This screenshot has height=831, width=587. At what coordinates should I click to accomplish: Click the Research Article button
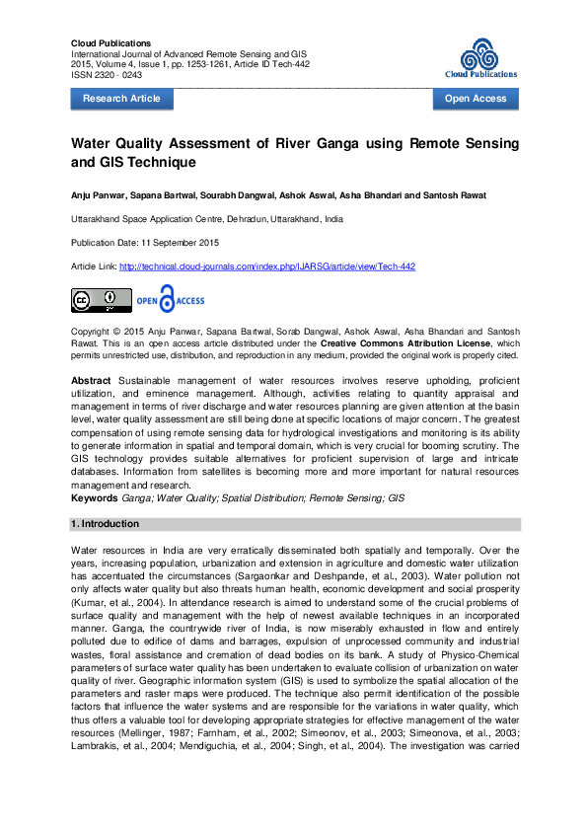pos(121,99)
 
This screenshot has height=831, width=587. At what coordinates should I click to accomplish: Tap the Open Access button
pos(476,99)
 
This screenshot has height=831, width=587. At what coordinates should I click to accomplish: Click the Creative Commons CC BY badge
pos(101,299)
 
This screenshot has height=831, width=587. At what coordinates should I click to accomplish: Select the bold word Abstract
pos(91,380)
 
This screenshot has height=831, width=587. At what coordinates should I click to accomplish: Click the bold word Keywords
pos(95,498)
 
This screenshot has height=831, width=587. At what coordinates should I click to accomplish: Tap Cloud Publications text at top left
pos(111,43)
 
